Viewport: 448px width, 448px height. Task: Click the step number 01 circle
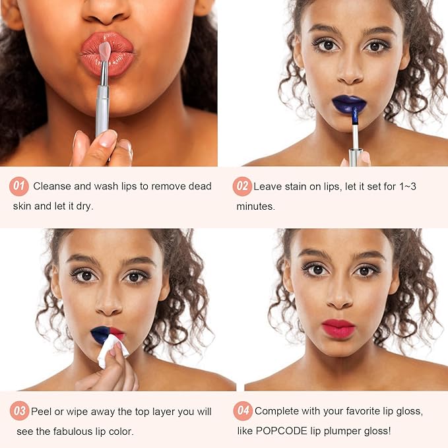coord(19,186)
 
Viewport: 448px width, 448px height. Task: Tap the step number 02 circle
coord(242,186)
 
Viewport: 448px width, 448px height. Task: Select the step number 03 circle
coord(19,411)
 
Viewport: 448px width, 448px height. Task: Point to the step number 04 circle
coord(243,411)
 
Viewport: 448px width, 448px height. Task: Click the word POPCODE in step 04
coord(282,431)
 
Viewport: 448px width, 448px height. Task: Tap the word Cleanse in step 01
coord(52,186)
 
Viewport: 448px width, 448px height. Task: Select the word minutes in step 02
coord(256,206)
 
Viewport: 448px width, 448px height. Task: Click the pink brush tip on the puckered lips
coord(105,51)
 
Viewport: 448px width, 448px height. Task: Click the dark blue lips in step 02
coord(349,104)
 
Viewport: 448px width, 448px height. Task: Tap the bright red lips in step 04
coord(338,329)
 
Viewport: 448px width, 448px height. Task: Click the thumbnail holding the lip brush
coord(108,139)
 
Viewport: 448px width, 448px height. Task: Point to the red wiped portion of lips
coord(117,333)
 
